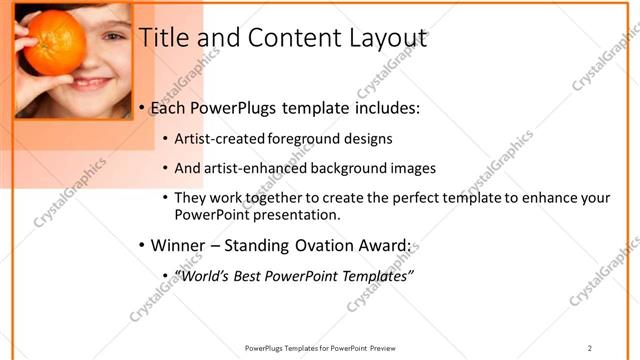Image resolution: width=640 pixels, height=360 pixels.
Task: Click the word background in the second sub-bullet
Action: pos(356,168)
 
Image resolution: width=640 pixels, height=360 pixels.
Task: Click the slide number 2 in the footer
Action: pos(589,348)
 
